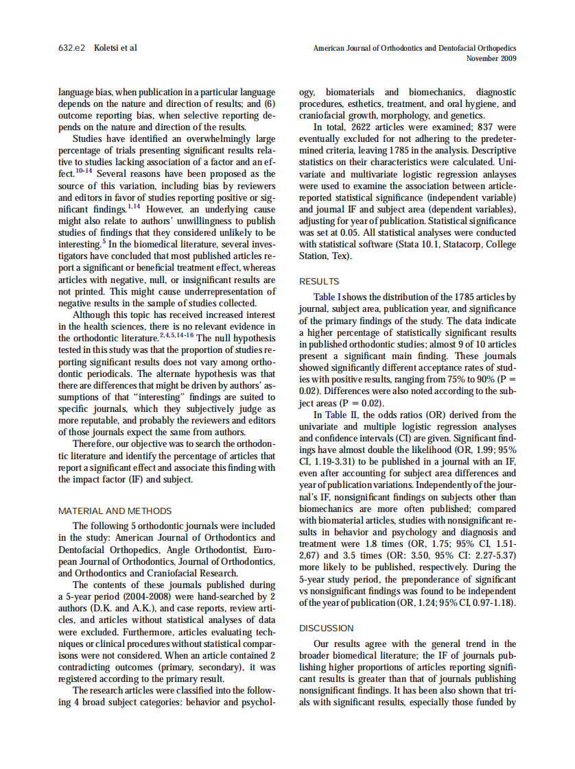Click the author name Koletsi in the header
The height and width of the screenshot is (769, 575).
[106, 48]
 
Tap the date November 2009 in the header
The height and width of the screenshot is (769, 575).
[491, 58]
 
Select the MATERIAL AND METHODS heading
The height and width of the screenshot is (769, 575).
[115, 511]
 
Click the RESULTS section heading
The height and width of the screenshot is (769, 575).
[319, 282]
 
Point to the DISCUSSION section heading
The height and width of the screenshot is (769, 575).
[327, 628]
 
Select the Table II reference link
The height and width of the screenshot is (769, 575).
[339, 415]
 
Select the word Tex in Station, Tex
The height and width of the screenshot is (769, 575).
[340, 256]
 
